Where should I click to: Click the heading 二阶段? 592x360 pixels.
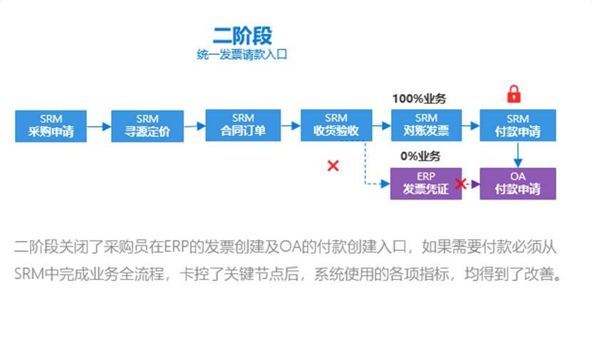click(242, 35)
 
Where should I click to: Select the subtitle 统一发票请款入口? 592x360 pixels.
click(242, 55)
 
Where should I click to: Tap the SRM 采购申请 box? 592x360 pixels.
click(51, 125)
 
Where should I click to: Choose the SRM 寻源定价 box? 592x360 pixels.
click(147, 125)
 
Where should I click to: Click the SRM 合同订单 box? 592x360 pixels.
click(242, 125)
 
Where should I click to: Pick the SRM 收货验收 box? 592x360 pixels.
click(336, 125)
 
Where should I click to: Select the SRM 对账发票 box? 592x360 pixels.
click(426, 125)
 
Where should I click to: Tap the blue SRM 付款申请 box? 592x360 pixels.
click(517, 125)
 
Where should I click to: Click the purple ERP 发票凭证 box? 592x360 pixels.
click(426, 183)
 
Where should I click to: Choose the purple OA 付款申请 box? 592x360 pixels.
click(517, 183)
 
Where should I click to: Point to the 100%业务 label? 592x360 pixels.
click(424, 99)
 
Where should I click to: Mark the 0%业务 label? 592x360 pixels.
click(420, 156)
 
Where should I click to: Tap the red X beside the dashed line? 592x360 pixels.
click(333, 165)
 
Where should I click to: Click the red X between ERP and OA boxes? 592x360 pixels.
click(461, 184)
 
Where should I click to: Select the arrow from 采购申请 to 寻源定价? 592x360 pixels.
click(99, 127)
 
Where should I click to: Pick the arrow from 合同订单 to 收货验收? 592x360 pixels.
click(289, 127)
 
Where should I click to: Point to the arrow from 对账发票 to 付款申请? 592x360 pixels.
click(471, 127)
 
